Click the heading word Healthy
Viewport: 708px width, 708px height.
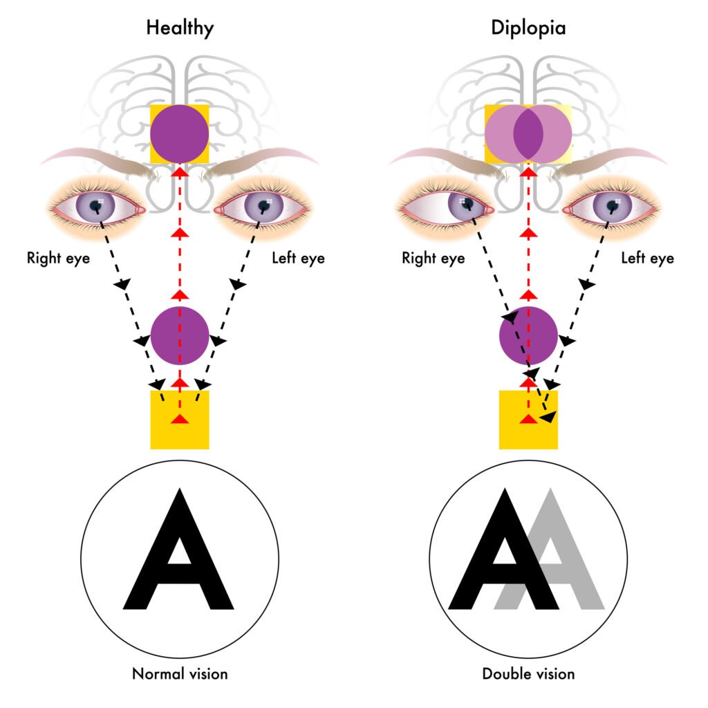180,28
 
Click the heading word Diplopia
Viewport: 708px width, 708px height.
528,28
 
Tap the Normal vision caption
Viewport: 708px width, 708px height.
180,673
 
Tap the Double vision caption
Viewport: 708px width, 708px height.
528,673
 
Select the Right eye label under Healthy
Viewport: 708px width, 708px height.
59,259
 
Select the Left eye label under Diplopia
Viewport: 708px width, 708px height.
646,259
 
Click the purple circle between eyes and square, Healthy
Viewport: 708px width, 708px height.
180,336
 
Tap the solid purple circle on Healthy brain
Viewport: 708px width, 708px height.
180,133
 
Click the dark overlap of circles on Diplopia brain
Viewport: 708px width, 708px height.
528,133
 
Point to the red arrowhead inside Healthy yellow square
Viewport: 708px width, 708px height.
180,419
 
